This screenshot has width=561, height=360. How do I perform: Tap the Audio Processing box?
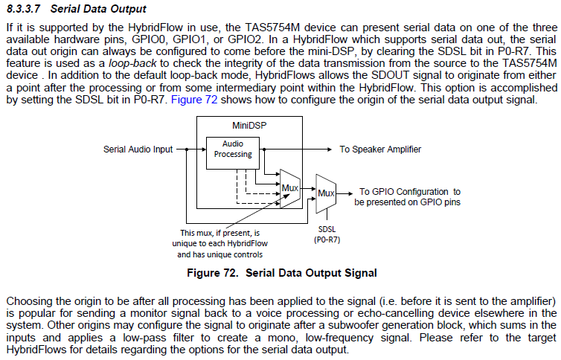point(232,149)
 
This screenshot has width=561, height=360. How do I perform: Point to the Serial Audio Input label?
point(138,150)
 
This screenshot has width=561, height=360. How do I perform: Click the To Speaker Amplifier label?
point(379,150)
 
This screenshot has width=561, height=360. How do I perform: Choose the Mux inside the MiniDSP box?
point(289,188)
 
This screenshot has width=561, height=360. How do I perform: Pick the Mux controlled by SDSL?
point(325,193)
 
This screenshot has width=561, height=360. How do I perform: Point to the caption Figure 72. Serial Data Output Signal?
point(281,273)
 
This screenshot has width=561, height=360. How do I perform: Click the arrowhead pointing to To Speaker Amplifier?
point(329,150)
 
